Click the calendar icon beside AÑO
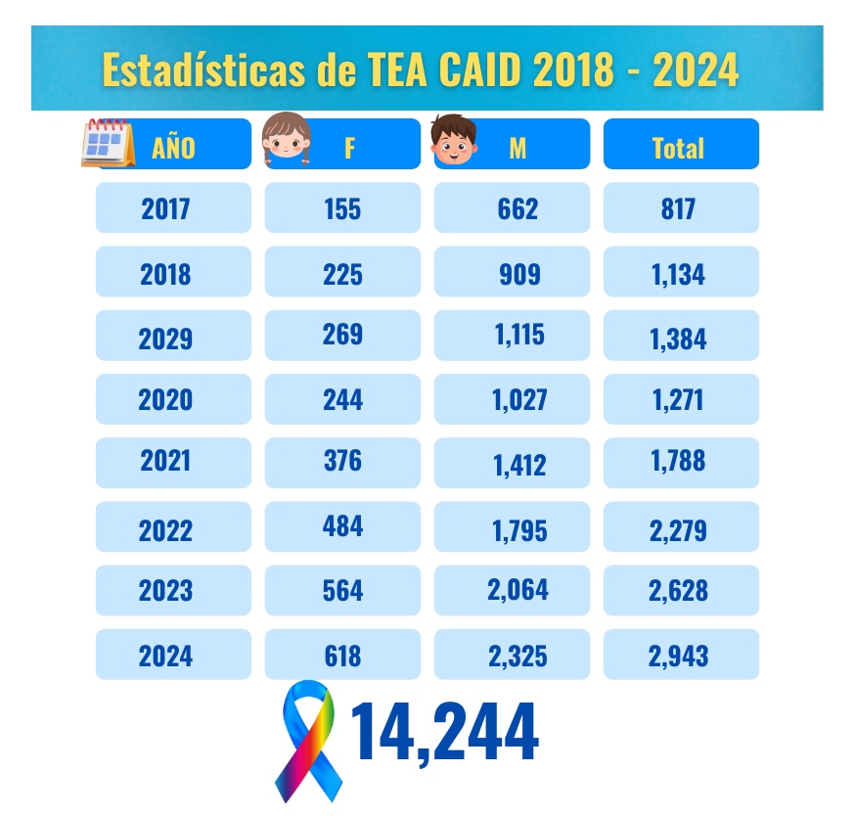[x=108, y=143]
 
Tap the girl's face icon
[x=287, y=138]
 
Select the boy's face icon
[x=454, y=139]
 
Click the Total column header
[x=681, y=144]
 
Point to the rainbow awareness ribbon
[x=308, y=741]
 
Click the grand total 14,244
[x=444, y=732]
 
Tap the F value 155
[x=342, y=207]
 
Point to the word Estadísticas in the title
[x=203, y=69]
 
